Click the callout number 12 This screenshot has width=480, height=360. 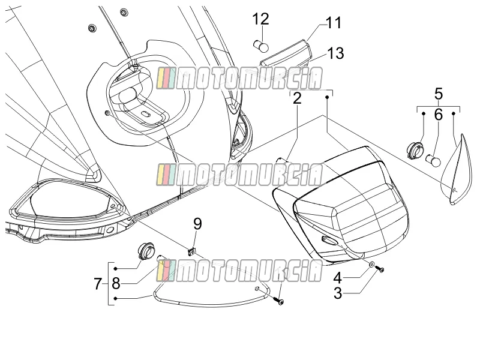[260, 19]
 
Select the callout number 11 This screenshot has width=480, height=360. [334, 23]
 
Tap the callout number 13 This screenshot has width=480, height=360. [336, 53]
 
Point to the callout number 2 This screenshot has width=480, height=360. [297, 98]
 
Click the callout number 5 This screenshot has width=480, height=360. [439, 94]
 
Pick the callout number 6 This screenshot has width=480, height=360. [439, 115]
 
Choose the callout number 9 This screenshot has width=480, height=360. [198, 224]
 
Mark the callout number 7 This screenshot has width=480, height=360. [98, 284]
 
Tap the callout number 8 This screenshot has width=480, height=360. [116, 284]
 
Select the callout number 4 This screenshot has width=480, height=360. [337, 278]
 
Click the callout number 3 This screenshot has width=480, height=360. [338, 293]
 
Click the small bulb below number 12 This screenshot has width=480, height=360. [261, 46]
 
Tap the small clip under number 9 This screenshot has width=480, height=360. [191, 251]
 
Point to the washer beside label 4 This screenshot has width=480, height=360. [371, 264]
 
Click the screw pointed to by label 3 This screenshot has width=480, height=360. [380, 269]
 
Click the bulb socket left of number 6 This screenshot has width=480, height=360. [416, 151]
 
